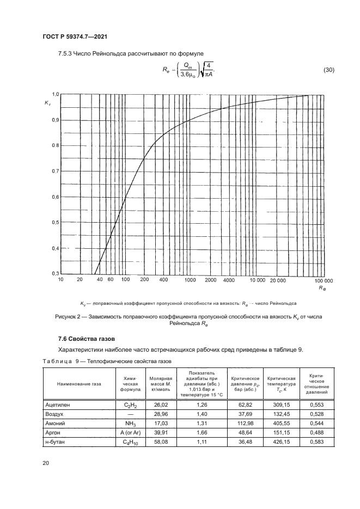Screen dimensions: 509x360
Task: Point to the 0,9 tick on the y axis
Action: click(x=55, y=120)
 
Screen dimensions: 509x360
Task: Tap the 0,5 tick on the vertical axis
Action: click(x=55, y=223)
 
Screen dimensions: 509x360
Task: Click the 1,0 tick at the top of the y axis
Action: click(x=55, y=94)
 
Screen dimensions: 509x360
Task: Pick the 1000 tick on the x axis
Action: click(x=190, y=280)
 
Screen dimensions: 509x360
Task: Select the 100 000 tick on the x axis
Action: click(x=325, y=280)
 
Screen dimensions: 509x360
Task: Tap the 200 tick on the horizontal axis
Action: click(x=144, y=280)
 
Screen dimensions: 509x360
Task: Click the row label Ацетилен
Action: click(x=57, y=405)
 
